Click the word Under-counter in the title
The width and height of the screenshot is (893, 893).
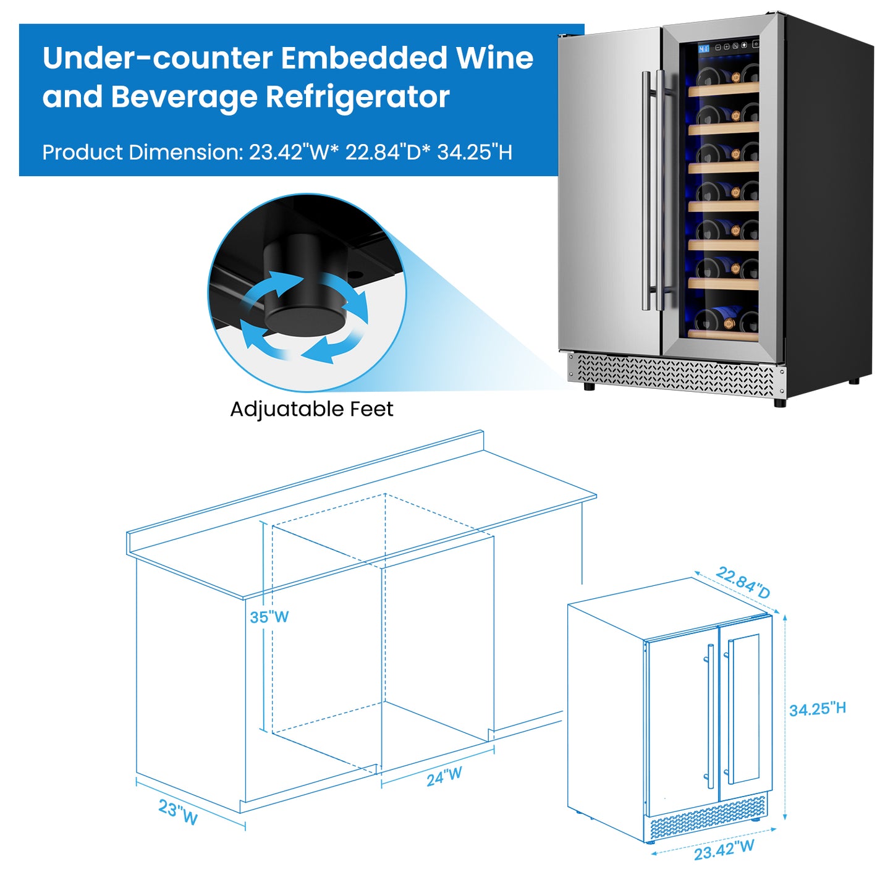pos(158,59)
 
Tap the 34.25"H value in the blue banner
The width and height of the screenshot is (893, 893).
pos(475,152)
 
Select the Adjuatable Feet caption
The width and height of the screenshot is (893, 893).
pos(311,409)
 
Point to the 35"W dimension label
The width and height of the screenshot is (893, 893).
pos(269,617)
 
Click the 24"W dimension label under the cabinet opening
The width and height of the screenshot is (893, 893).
pos(444,776)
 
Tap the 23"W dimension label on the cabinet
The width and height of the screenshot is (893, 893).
pos(178,811)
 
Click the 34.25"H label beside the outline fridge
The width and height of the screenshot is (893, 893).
pos(817,709)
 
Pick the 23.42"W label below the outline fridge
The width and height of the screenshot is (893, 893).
pos(724,850)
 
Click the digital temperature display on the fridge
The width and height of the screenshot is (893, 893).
pos(704,48)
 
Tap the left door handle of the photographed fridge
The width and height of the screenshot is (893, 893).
pos(646,192)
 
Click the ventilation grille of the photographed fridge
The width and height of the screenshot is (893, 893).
pos(674,375)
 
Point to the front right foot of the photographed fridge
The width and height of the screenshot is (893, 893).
pos(780,402)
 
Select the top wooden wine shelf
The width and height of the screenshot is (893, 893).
pos(723,90)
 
